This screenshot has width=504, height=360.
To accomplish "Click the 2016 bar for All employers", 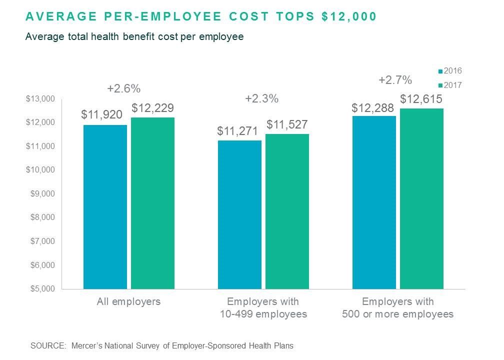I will [x=105, y=206].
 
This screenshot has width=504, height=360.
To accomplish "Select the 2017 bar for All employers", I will [x=152, y=203].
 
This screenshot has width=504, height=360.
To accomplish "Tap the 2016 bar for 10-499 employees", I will [x=239, y=214].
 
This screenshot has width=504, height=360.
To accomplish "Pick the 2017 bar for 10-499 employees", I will [x=287, y=211].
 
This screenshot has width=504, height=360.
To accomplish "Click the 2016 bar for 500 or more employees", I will [x=374, y=202].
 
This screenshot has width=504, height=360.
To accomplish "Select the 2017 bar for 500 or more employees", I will [x=421, y=198].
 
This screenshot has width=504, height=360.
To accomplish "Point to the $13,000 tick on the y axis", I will [x=40, y=99].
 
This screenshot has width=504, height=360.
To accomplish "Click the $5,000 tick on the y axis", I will [x=40, y=289].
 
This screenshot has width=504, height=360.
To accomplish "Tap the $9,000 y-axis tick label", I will [x=40, y=194].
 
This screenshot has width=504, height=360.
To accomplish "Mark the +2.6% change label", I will [x=123, y=89].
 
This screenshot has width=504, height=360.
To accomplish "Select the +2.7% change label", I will [x=395, y=80].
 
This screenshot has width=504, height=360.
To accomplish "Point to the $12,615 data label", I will [x=421, y=98].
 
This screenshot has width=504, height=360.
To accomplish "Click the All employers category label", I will [x=128, y=302].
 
